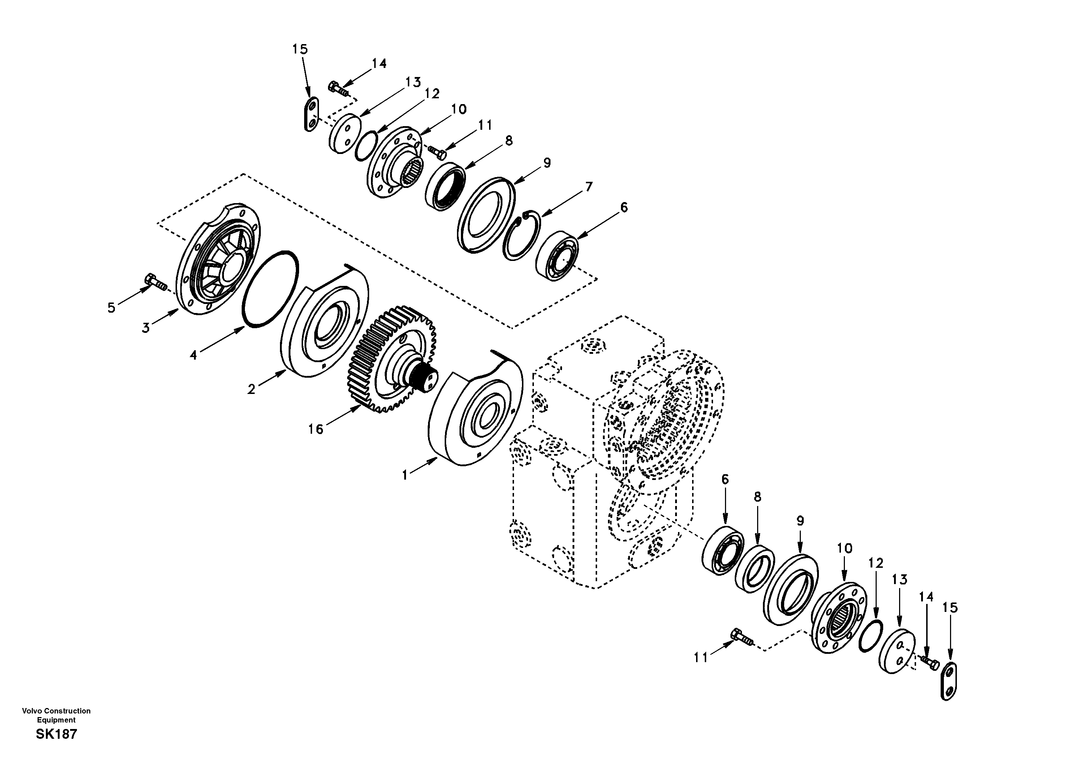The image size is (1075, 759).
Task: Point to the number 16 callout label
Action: point(316,429)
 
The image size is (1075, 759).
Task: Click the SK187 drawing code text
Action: point(56,734)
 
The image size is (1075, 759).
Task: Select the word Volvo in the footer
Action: point(31,711)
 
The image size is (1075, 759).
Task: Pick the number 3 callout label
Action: point(146,328)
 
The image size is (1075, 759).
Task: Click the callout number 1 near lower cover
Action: point(405,475)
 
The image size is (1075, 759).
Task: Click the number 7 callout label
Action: point(588,186)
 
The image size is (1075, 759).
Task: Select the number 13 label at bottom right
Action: point(899,580)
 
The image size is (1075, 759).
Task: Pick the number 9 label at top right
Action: point(547,163)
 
